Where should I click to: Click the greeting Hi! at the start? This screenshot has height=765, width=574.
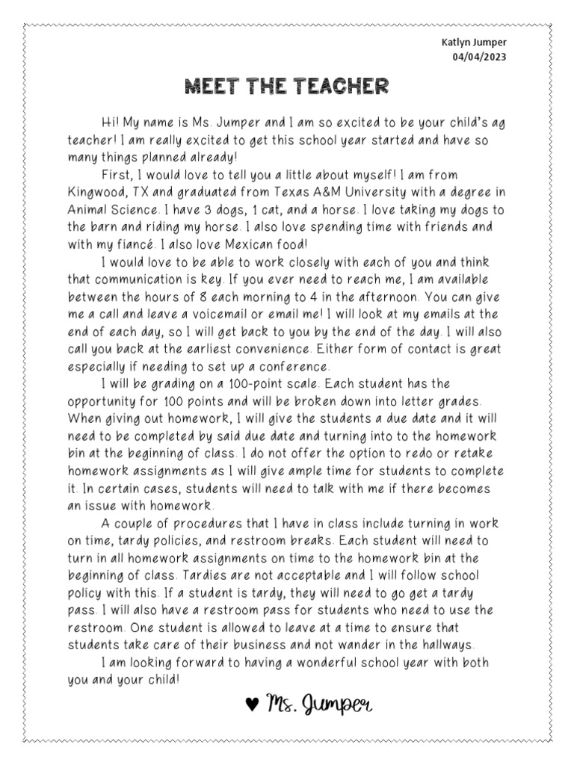[110, 123]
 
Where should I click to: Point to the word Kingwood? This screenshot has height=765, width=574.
[95, 193]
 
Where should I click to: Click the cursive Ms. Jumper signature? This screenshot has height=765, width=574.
[320, 704]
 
